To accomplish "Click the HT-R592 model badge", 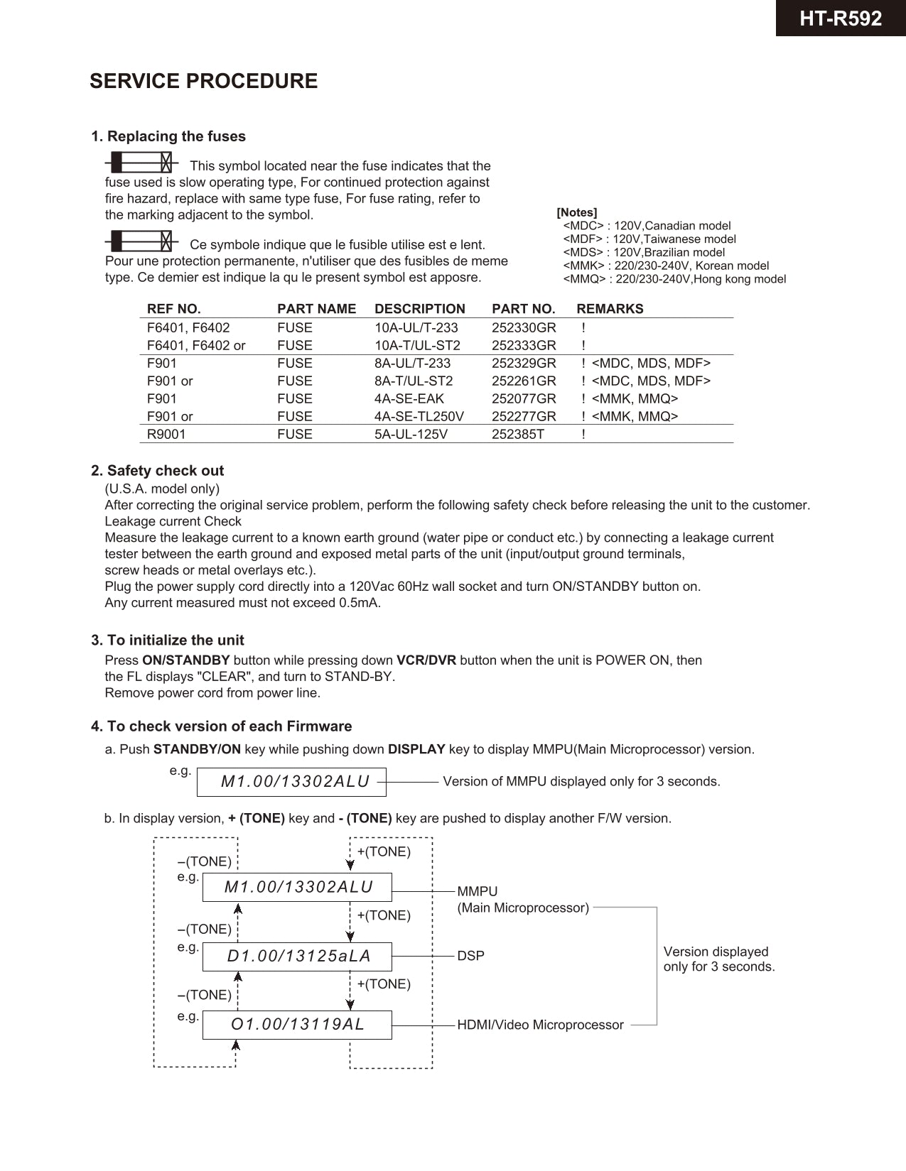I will pyautogui.click(x=840, y=18).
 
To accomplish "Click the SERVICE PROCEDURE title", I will pyautogui.click(x=203, y=81).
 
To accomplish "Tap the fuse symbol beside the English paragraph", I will pyautogui.click(x=141, y=163).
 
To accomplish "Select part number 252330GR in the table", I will pyautogui.click(x=524, y=328).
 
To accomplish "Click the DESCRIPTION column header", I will pyautogui.click(x=419, y=309).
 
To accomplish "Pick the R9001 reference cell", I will pyautogui.click(x=166, y=435).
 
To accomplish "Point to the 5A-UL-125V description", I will pyautogui.click(x=411, y=435).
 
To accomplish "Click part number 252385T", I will pyautogui.click(x=517, y=435).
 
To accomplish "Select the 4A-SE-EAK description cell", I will pyautogui.click(x=409, y=399).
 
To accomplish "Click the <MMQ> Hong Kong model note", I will pyautogui.click(x=674, y=279).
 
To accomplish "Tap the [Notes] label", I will pyautogui.click(x=576, y=212).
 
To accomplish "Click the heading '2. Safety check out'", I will pyautogui.click(x=157, y=471).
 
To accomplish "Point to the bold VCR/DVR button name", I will pyautogui.click(x=426, y=660).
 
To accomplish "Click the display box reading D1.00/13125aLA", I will pyautogui.click(x=297, y=957).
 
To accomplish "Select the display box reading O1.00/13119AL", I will pyautogui.click(x=297, y=1025).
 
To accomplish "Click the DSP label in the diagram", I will pyautogui.click(x=470, y=957).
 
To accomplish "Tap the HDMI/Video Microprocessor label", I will pyautogui.click(x=540, y=1025).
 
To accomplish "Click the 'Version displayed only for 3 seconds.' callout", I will pyautogui.click(x=718, y=959).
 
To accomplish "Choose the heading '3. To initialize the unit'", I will pyautogui.click(x=167, y=641).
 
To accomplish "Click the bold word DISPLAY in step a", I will pyautogui.click(x=416, y=750).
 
